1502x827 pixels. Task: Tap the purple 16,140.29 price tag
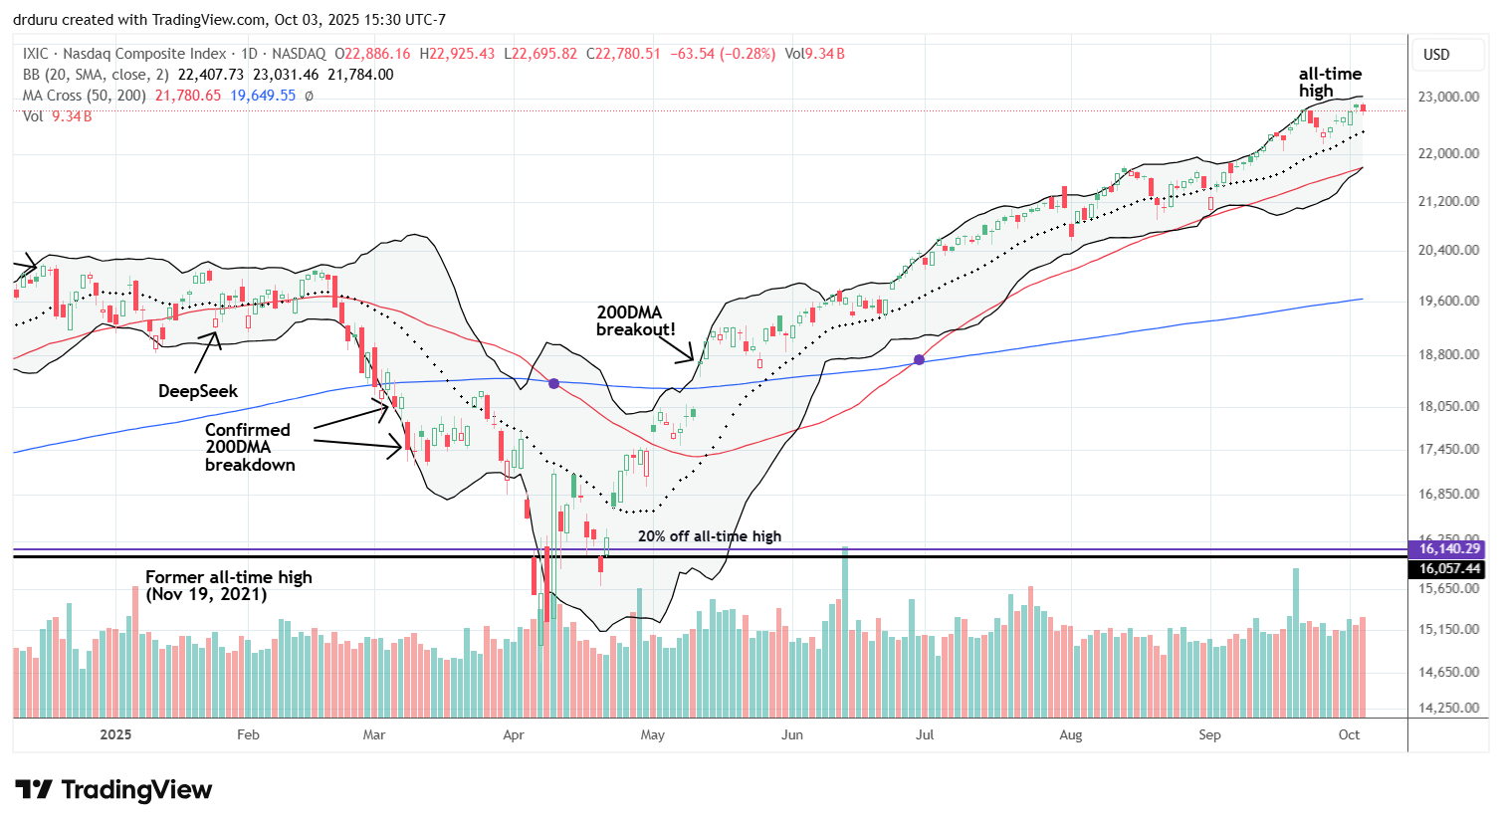(1449, 548)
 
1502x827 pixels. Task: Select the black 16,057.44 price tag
(1449, 569)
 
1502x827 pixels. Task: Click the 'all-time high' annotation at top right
(1330, 82)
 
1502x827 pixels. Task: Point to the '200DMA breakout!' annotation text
(635, 320)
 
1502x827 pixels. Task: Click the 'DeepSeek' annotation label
(198, 391)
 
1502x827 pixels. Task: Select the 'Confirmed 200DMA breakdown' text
(249, 447)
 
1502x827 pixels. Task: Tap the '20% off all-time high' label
(709, 536)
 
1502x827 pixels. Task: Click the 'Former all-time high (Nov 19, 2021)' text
(228, 585)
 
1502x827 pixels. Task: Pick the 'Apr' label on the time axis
(514, 734)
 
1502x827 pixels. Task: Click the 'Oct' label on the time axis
(1349, 734)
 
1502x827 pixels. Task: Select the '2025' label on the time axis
(115, 734)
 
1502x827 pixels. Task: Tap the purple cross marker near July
(919, 359)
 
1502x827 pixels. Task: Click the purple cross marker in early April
(553, 383)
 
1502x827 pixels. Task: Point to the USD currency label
(1436, 55)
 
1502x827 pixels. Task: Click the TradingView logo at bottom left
(114, 790)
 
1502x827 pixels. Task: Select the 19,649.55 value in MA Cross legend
(264, 96)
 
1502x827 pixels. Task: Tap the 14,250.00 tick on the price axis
(1450, 708)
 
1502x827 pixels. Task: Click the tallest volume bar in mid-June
(844, 632)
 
